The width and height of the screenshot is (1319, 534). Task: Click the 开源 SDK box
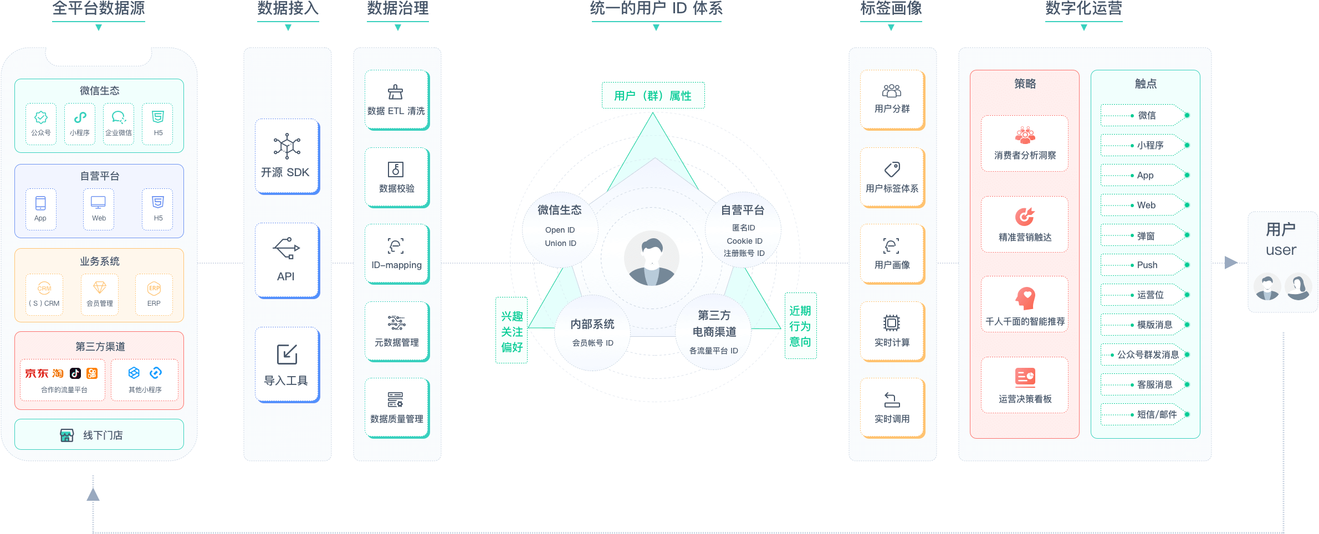[x=287, y=157]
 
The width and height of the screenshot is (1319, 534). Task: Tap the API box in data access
[x=287, y=260]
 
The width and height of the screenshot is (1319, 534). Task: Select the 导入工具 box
[x=287, y=364]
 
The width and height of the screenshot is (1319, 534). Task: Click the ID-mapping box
[x=397, y=254]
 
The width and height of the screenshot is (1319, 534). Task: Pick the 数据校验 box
[x=397, y=177]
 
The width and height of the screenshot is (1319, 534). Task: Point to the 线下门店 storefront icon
[x=67, y=435]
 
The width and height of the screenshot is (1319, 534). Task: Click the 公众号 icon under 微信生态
[x=41, y=117]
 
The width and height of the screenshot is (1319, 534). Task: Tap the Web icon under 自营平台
[x=99, y=203]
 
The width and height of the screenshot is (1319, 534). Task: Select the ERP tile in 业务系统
[x=154, y=294]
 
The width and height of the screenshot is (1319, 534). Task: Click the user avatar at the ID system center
[x=652, y=258]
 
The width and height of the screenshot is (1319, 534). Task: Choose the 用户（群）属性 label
[x=653, y=96]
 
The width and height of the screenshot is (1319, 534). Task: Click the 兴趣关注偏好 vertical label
[x=512, y=331]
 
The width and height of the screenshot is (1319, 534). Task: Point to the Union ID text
[x=560, y=243]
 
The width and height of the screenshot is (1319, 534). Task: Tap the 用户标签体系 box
[x=892, y=177]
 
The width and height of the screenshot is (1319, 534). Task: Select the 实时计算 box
[x=892, y=331]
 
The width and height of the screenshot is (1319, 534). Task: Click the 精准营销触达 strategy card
[x=1025, y=224]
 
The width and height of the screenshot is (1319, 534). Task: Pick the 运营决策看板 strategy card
[x=1025, y=385]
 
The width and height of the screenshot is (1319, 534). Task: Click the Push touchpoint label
[x=1147, y=265]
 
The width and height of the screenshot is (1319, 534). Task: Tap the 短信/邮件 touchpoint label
[x=1157, y=414]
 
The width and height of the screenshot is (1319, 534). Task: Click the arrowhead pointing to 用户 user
[x=1231, y=263]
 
